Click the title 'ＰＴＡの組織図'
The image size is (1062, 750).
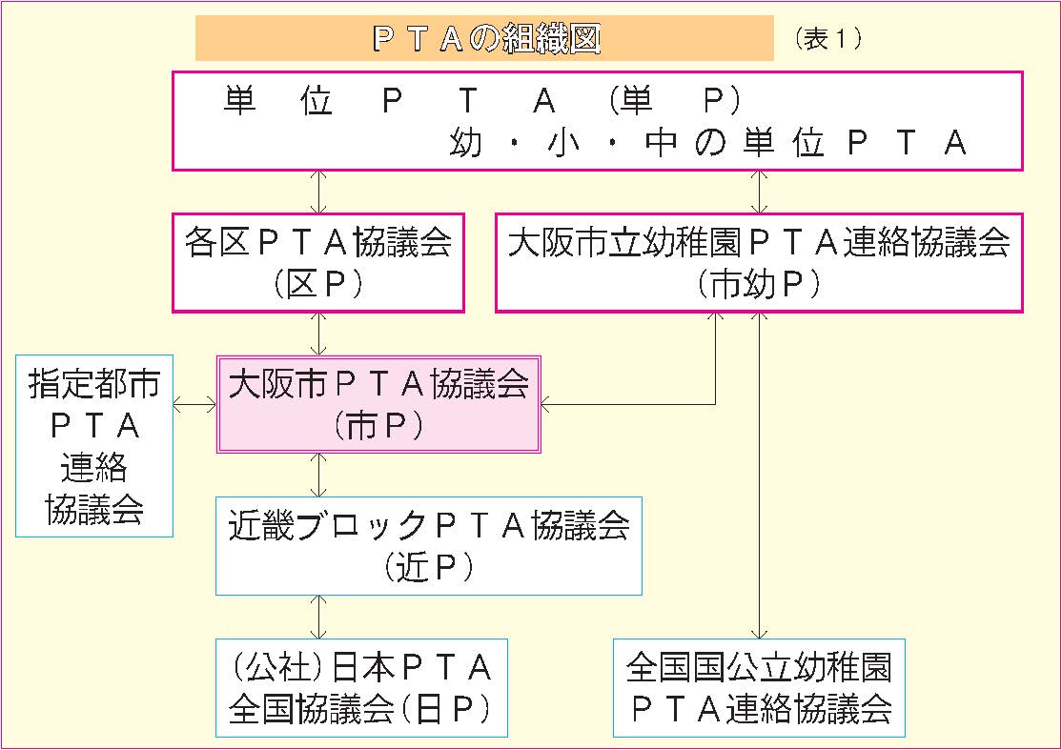[x=484, y=40]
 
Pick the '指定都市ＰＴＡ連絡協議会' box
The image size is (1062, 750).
[x=94, y=445]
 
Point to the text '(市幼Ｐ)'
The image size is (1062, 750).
[x=759, y=285]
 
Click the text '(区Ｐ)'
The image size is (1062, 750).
[x=317, y=285]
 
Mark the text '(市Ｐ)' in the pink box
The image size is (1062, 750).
[x=378, y=426]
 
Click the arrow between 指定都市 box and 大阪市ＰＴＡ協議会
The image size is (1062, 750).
[x=195, y=405]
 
